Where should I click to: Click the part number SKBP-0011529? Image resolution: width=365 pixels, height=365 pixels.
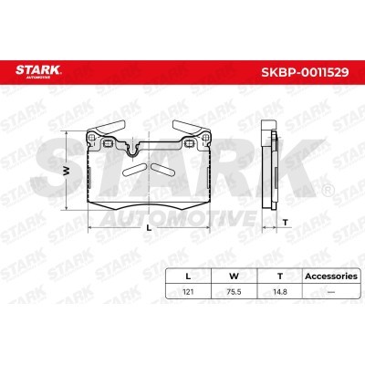click(x=305, y=72)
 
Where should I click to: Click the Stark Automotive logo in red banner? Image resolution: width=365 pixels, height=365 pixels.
click(x=38, y=71)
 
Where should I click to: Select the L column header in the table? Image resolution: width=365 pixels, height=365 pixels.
click(x=188, y=276)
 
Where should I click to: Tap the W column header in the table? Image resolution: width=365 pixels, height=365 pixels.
click(x=234, y=276)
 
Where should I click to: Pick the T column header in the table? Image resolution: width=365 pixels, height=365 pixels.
click(x=280, y=276)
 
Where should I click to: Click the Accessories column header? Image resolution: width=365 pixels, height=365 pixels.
click(x=331, y=276)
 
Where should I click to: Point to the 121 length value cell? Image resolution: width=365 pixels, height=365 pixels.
click(x=188, y=292)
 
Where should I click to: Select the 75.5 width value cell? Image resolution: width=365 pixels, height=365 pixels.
click(x=234, y=292)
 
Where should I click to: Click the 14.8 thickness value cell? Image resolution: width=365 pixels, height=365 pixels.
click(x=280, y=292)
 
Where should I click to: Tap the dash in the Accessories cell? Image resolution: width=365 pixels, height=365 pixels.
click(x=331, y=292)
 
